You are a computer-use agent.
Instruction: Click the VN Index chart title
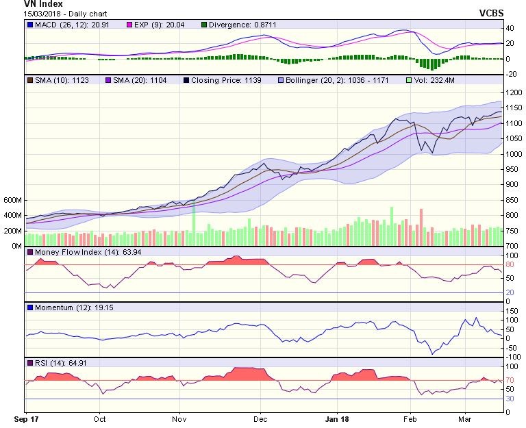click(24, 4)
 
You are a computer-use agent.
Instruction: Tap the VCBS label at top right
click(492, 13)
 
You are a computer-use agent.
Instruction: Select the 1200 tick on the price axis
click(514, 92)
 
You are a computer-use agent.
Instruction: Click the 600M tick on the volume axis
click(12, 201)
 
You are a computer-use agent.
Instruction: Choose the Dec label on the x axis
click(260, 417)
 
